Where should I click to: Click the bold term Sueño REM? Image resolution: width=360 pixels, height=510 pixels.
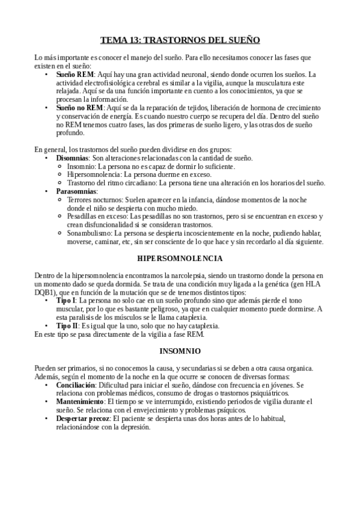tap(73, 75)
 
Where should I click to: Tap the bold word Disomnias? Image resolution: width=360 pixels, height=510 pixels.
tap(73, 158)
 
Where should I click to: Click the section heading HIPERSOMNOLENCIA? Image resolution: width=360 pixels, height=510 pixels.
tap(180, 258)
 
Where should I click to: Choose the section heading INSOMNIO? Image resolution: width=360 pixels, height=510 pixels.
tap(180, 350)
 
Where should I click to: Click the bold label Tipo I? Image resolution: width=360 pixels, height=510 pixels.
tap(66, 300)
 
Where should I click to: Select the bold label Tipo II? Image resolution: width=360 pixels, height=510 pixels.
tap(67, 325)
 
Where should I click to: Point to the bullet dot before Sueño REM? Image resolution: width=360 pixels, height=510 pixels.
tap(47, 75)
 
